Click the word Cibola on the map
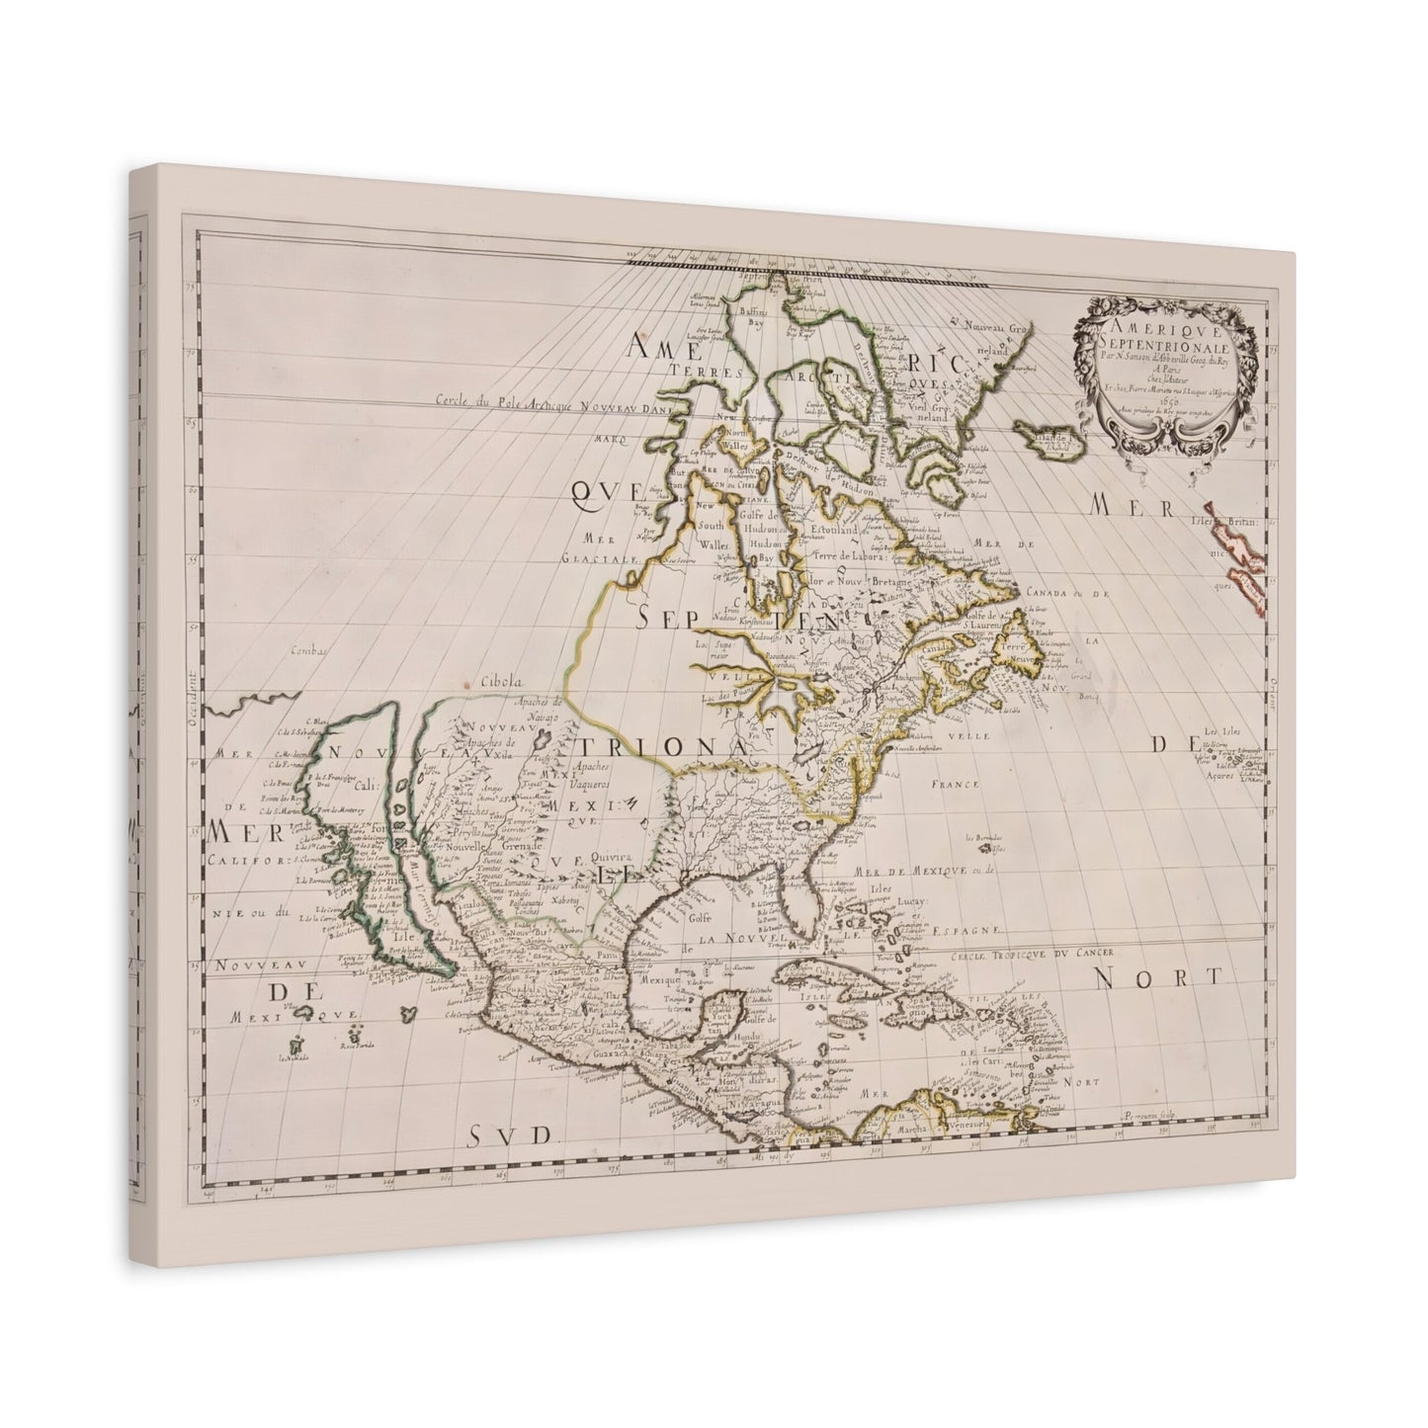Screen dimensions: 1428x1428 [501, 681]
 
